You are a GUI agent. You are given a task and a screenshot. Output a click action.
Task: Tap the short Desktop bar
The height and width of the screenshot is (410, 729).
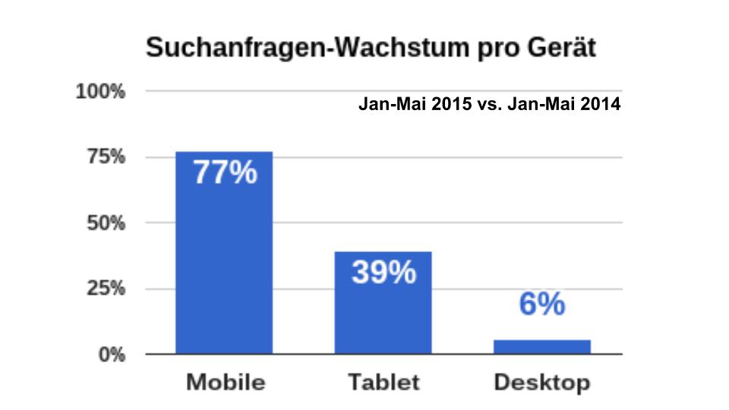point(541,347)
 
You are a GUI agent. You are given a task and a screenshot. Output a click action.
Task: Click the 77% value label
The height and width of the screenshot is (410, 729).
point(224,173)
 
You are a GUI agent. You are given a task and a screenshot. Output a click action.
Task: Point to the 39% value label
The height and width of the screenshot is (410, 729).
point(383,272)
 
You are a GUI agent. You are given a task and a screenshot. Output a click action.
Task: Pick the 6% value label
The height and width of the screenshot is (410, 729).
point(542,304)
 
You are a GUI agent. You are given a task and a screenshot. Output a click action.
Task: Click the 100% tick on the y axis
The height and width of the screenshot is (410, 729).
point(99,92)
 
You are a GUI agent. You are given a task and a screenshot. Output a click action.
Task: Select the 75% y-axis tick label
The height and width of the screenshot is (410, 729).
point(104,157)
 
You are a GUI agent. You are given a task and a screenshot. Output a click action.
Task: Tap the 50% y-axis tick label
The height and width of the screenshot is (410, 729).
point(104,223)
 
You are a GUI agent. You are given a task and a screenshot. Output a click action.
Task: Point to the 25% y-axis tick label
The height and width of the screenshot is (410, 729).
point(104,289)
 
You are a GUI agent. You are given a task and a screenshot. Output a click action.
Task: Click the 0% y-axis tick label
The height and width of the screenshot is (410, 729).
point(110,355)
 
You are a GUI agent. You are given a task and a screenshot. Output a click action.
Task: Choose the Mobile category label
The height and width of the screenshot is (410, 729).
point(226,382)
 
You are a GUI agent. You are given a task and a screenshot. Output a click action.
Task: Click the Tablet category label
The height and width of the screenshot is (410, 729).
point(383,382)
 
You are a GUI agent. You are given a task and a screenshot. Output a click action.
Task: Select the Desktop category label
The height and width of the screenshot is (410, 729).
point(541,383)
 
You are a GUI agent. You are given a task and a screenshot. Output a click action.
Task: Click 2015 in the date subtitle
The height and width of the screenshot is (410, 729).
point(451,106)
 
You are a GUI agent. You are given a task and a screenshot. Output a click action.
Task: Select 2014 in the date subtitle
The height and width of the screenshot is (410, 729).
point(601,106)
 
